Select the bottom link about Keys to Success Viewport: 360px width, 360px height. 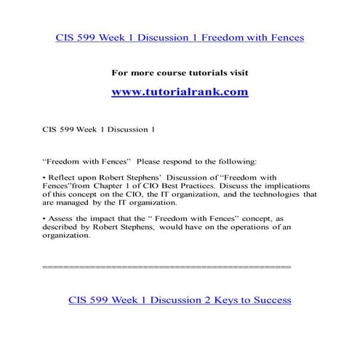click(180, 300)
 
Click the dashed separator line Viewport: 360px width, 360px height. click(167, 267)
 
